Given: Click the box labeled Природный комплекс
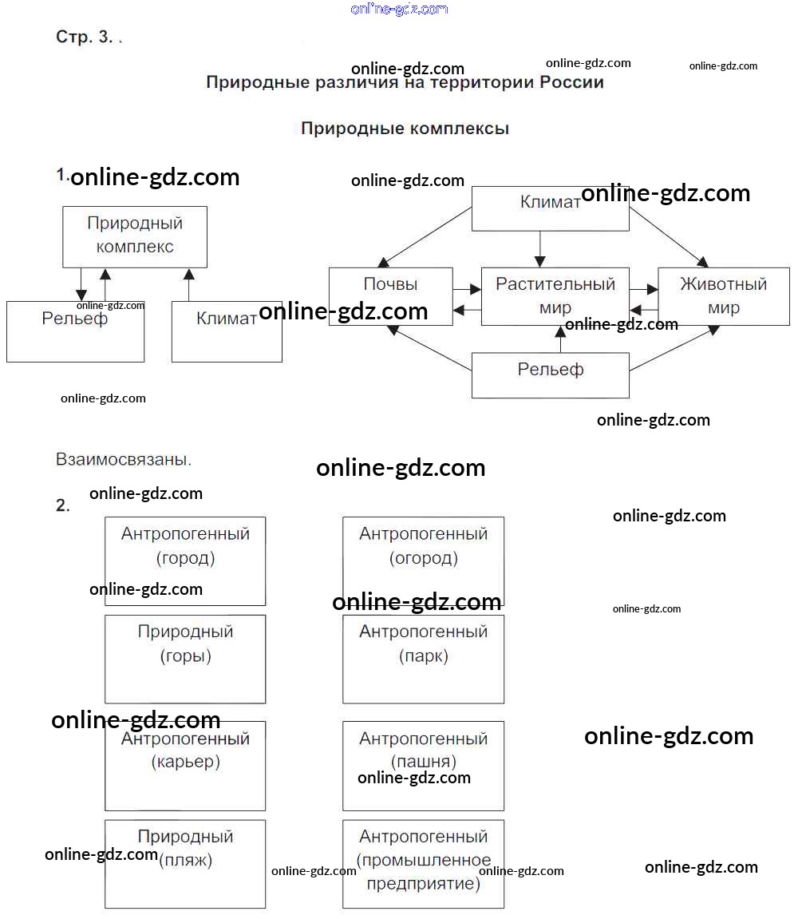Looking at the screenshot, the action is point(135,237).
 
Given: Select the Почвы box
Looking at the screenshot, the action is point(391,296).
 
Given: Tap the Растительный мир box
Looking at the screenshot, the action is point(555,296).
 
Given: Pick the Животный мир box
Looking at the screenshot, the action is point(724,296).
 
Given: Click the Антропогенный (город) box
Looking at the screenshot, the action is point(185,561).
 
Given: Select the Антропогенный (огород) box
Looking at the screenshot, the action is point(423,561).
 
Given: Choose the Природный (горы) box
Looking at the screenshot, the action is point(185,659).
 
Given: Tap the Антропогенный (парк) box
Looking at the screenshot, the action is point(423,659).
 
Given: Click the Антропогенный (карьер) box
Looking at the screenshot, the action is point(185,766).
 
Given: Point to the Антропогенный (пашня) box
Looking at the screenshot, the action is point(423,766).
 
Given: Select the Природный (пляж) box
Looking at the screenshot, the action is point(185,864).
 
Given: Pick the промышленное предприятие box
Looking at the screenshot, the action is point(423,864).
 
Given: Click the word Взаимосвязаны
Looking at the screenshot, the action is point(123,459).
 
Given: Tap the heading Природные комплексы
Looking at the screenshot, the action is point(405,129).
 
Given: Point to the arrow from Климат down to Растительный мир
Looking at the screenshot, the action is point(540,249).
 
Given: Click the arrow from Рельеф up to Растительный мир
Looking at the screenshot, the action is point(561,339).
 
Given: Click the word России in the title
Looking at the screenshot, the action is point(571,82).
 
